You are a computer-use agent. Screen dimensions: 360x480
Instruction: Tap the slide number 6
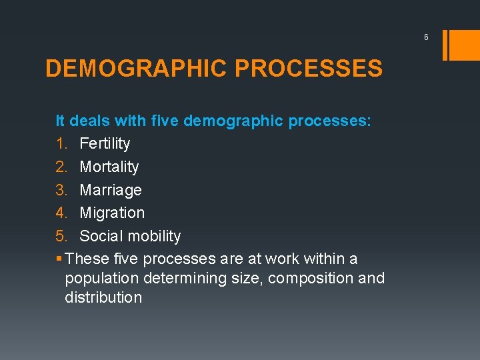coord(426,37)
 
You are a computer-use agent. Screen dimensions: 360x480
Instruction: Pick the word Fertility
coord(105,143)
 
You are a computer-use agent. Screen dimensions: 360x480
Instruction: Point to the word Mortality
coord(109,167)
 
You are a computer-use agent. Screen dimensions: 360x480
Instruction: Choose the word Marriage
coord(111,190)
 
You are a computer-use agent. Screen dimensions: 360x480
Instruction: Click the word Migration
coord(112,213)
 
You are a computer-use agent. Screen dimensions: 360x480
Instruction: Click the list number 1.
coord(61,143)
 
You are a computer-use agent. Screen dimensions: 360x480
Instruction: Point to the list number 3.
coord(61,190)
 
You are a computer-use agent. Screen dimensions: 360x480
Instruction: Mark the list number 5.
coord(61,236)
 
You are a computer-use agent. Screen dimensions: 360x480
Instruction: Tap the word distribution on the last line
coord(103,297)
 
